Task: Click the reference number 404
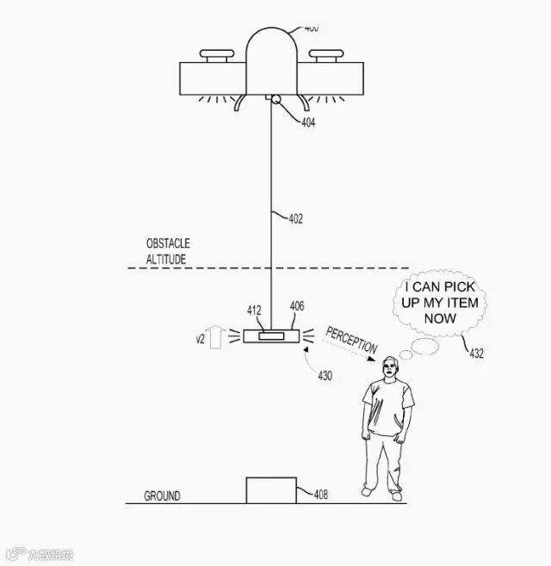click(308, 123)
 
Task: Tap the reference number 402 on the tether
click(295, 218)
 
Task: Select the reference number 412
click(254, 311)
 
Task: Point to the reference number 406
click(297, 306)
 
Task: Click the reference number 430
click(325, 376)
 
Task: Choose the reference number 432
click(476, 353)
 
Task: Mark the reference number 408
click(320, 494)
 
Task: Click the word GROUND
click(162, 496)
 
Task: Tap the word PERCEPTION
click(352, 341)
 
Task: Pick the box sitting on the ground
click(270, 489)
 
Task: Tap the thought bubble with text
click(439, 302)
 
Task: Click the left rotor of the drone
click(217, 58)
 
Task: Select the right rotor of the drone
click(324, 58)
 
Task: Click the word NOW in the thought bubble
click(439, 318)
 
